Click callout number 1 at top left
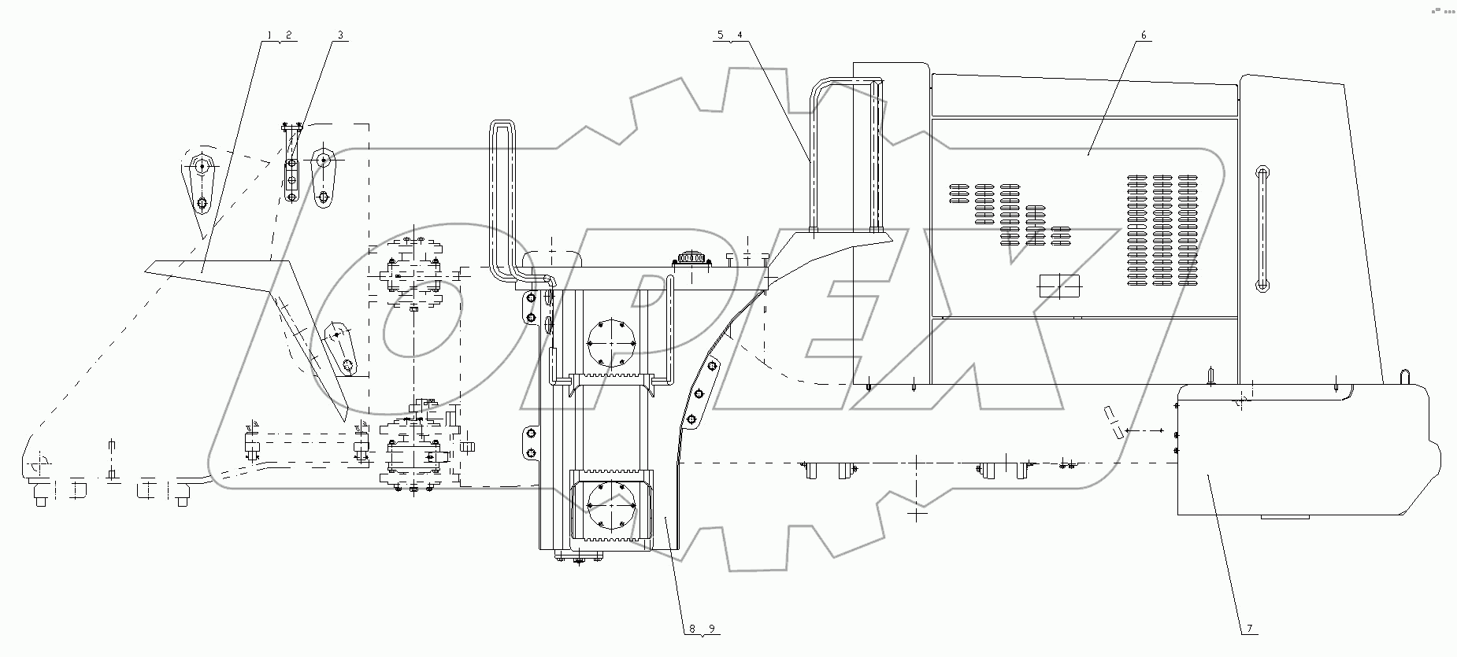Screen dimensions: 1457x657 tap(269, 35)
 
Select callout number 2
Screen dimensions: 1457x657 tap(288, 35)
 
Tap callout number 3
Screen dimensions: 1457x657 tap(340, 35)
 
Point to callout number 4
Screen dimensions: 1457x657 tap(739, 35)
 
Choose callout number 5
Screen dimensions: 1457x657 tap(720, 35)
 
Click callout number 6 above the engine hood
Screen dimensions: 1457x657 tap(1143, 35)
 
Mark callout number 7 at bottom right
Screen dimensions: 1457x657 tap(1249, 628)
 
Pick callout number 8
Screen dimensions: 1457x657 tap(692, 628)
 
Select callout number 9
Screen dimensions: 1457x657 tap(711, 628)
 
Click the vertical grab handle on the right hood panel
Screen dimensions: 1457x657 tap(1262, 229)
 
